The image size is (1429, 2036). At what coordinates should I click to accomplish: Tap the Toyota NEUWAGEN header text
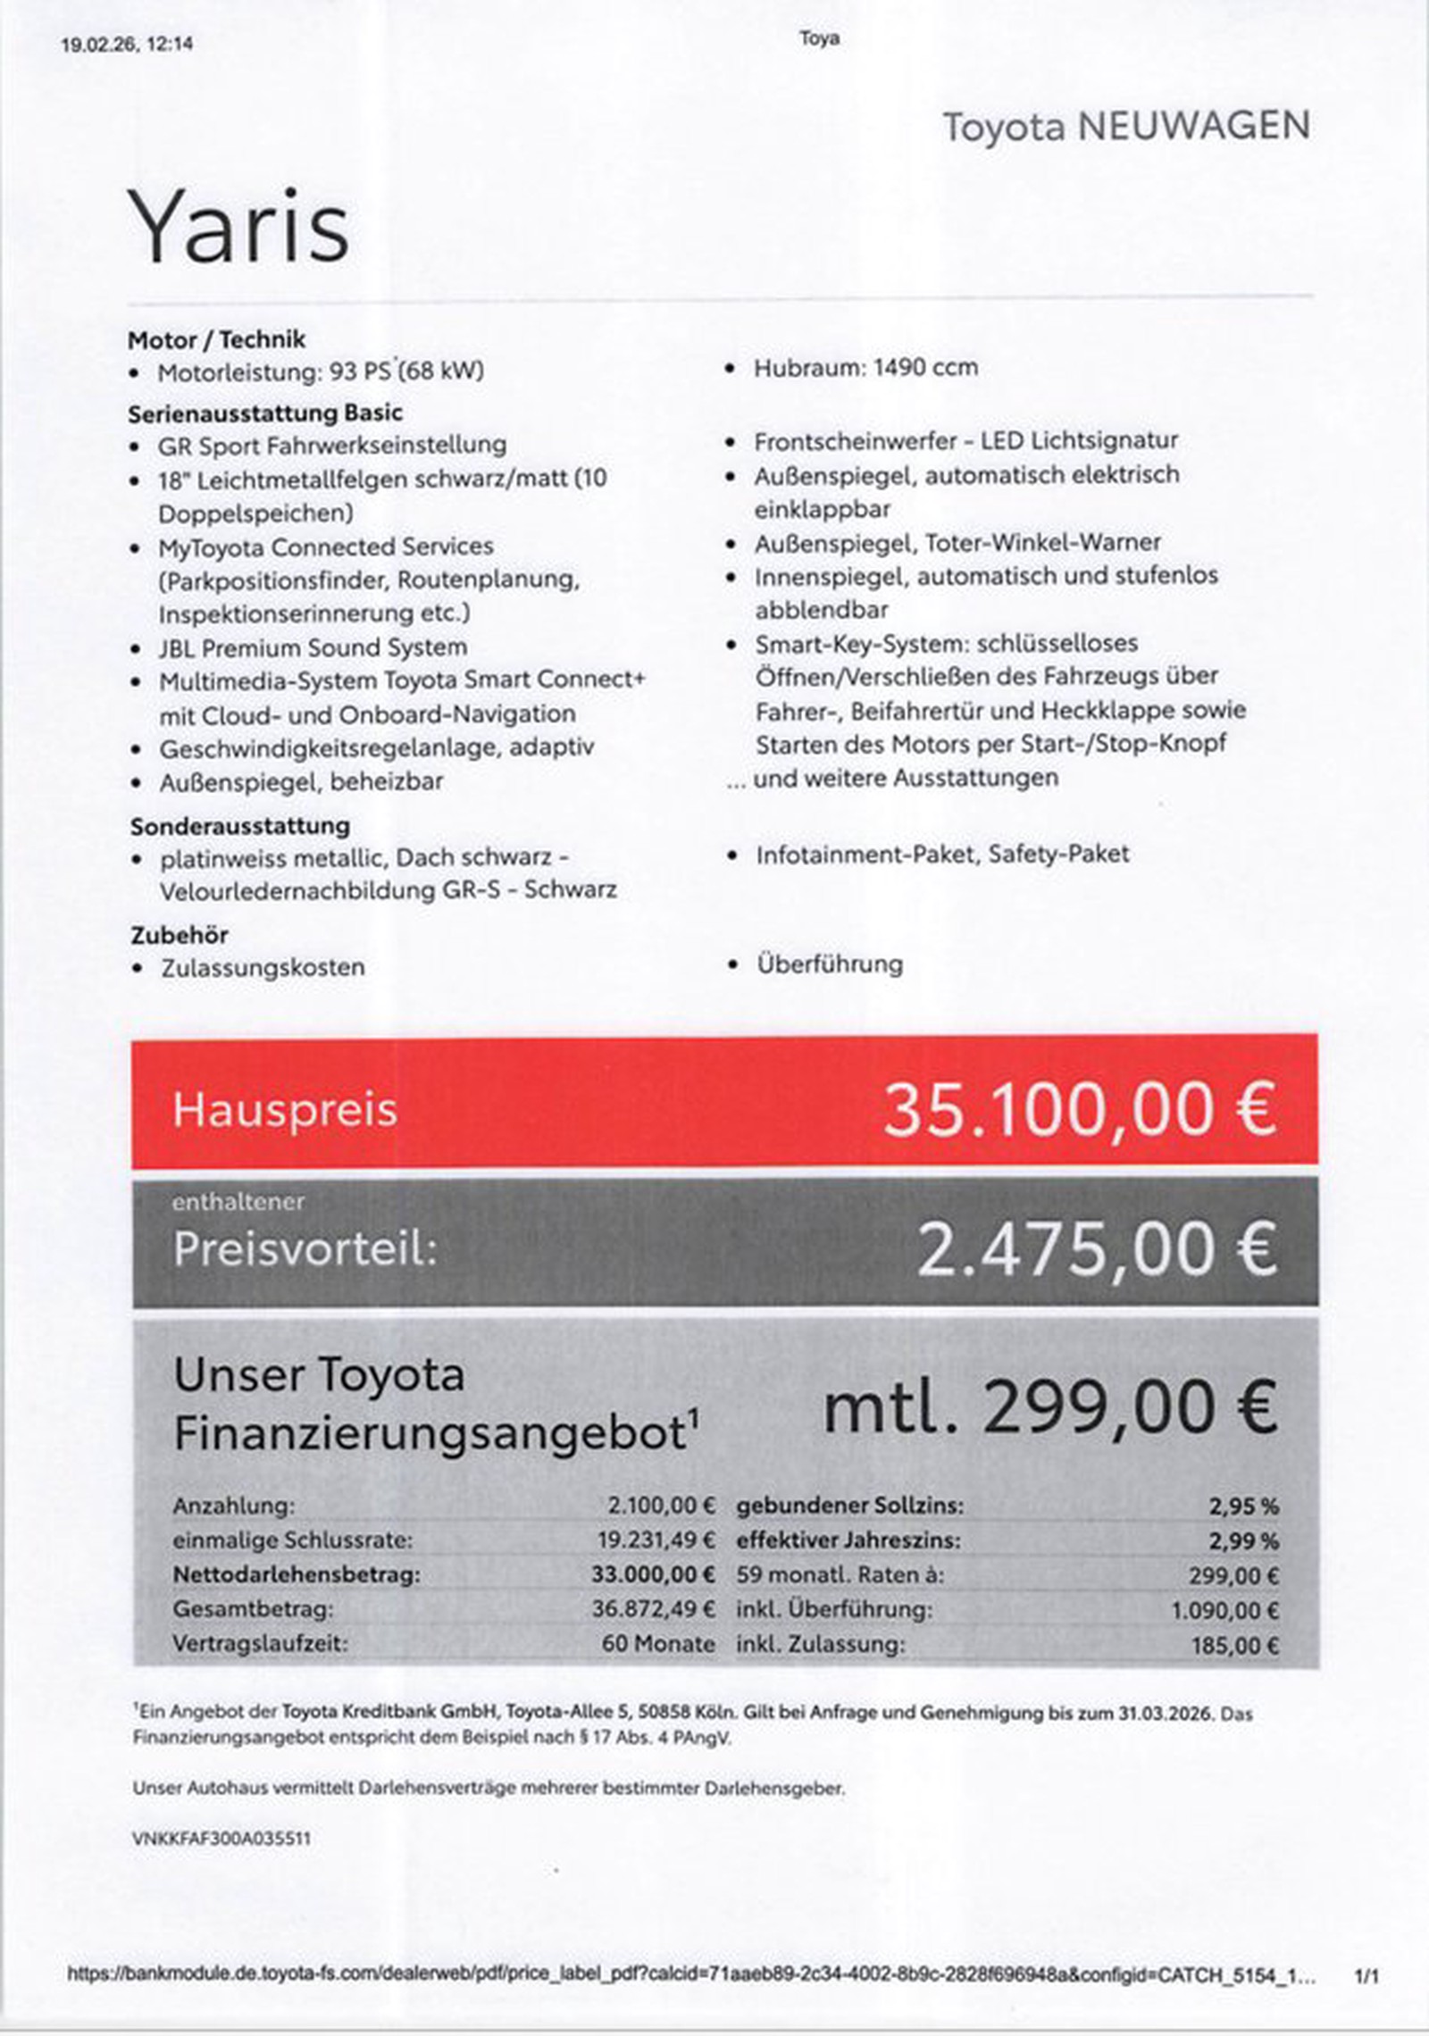tap(1126, 126)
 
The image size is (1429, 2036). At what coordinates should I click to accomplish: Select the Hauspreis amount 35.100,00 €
tap(1080, 1110)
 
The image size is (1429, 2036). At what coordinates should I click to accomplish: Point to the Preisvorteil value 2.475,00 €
tap(1097, 1248)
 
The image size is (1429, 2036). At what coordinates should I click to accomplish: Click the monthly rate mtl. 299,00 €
tap(1049, 1407)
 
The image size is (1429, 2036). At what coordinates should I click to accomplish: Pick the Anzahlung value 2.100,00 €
tap(662, 1506)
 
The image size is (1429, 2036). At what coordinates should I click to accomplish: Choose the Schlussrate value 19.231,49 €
tap(656, 1540)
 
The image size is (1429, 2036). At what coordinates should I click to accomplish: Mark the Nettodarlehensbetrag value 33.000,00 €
tap(653, 1574)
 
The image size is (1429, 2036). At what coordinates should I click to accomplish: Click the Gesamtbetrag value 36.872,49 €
tap(654, 1609)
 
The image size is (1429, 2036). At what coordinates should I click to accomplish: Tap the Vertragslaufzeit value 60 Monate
tap(658, 1643)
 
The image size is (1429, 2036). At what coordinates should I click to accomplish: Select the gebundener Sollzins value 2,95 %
tap(1243, 1506)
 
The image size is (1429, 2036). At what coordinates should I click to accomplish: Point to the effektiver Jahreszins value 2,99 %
tap(1243, 1540)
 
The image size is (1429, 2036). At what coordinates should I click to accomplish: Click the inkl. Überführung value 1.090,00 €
tap(1224, 1610)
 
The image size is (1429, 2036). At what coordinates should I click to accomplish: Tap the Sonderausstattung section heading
tap(240, 825)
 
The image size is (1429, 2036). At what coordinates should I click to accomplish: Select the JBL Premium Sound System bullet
tap(313, 647)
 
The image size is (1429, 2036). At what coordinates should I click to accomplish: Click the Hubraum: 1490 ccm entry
tap(865, 367)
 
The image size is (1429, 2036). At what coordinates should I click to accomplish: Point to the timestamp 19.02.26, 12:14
tap(127, 44)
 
